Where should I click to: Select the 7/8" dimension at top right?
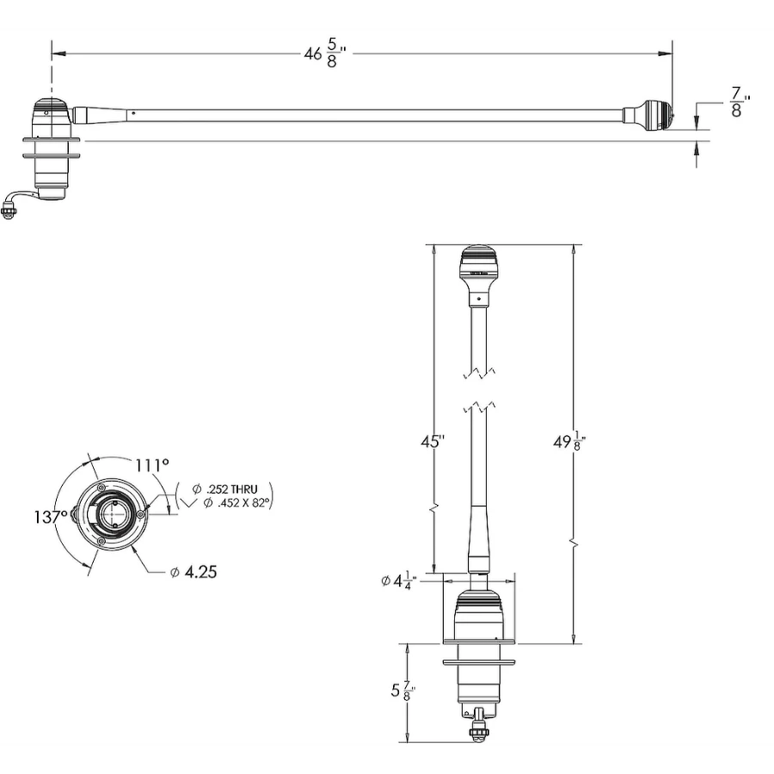pyautogui.click(x=737, y=101)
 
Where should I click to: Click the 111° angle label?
pyautogui.click(x=152, y=464)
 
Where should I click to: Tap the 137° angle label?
pyautogui.click(x=50, y=518)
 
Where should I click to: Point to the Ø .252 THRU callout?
pyautogui.click(x=225, y=488)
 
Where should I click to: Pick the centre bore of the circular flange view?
pyautogui.click(x=111, y=514)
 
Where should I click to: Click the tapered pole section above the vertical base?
pyautogui.click(x=478, y=537)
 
